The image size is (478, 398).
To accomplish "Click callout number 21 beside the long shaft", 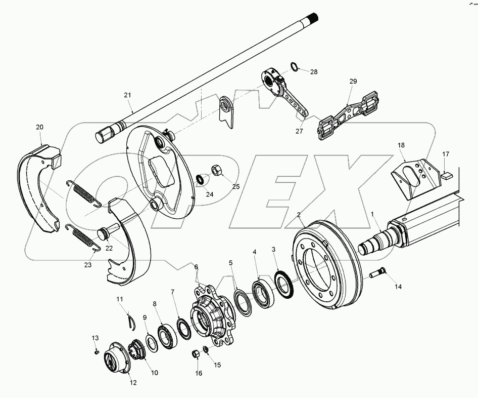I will [127, 95].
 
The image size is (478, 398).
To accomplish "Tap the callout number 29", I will [353, 82].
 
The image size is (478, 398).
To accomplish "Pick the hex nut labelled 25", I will [214, 170].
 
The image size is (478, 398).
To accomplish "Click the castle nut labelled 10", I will [137, 349].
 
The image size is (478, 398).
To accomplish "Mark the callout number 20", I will [40, 127].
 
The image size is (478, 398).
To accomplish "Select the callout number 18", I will [401, 145].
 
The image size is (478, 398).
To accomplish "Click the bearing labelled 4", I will [263, 293].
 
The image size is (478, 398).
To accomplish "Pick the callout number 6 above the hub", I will [196, 267].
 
